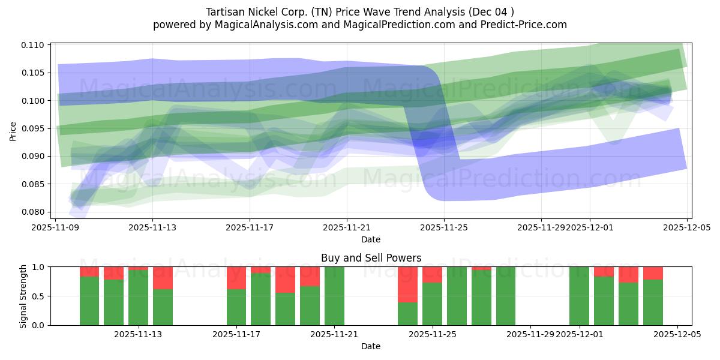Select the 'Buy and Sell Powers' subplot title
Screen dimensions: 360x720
[371, 258]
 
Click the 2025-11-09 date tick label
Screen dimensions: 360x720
[55, 228]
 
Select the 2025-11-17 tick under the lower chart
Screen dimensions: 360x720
[236, 334]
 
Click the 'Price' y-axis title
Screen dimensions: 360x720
[13, 130]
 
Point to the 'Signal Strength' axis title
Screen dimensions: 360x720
[23, 296]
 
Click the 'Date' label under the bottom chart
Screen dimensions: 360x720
[371, 346]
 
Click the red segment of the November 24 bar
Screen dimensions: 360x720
[407, 284]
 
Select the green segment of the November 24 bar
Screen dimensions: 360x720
[407, 313]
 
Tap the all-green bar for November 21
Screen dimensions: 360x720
[334, 296]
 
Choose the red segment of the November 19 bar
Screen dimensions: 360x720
[285, 280]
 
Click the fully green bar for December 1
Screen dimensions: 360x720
[579, 296]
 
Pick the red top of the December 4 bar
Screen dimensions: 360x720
[653, 273]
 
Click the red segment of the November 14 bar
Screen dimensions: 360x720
[163, 278]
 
